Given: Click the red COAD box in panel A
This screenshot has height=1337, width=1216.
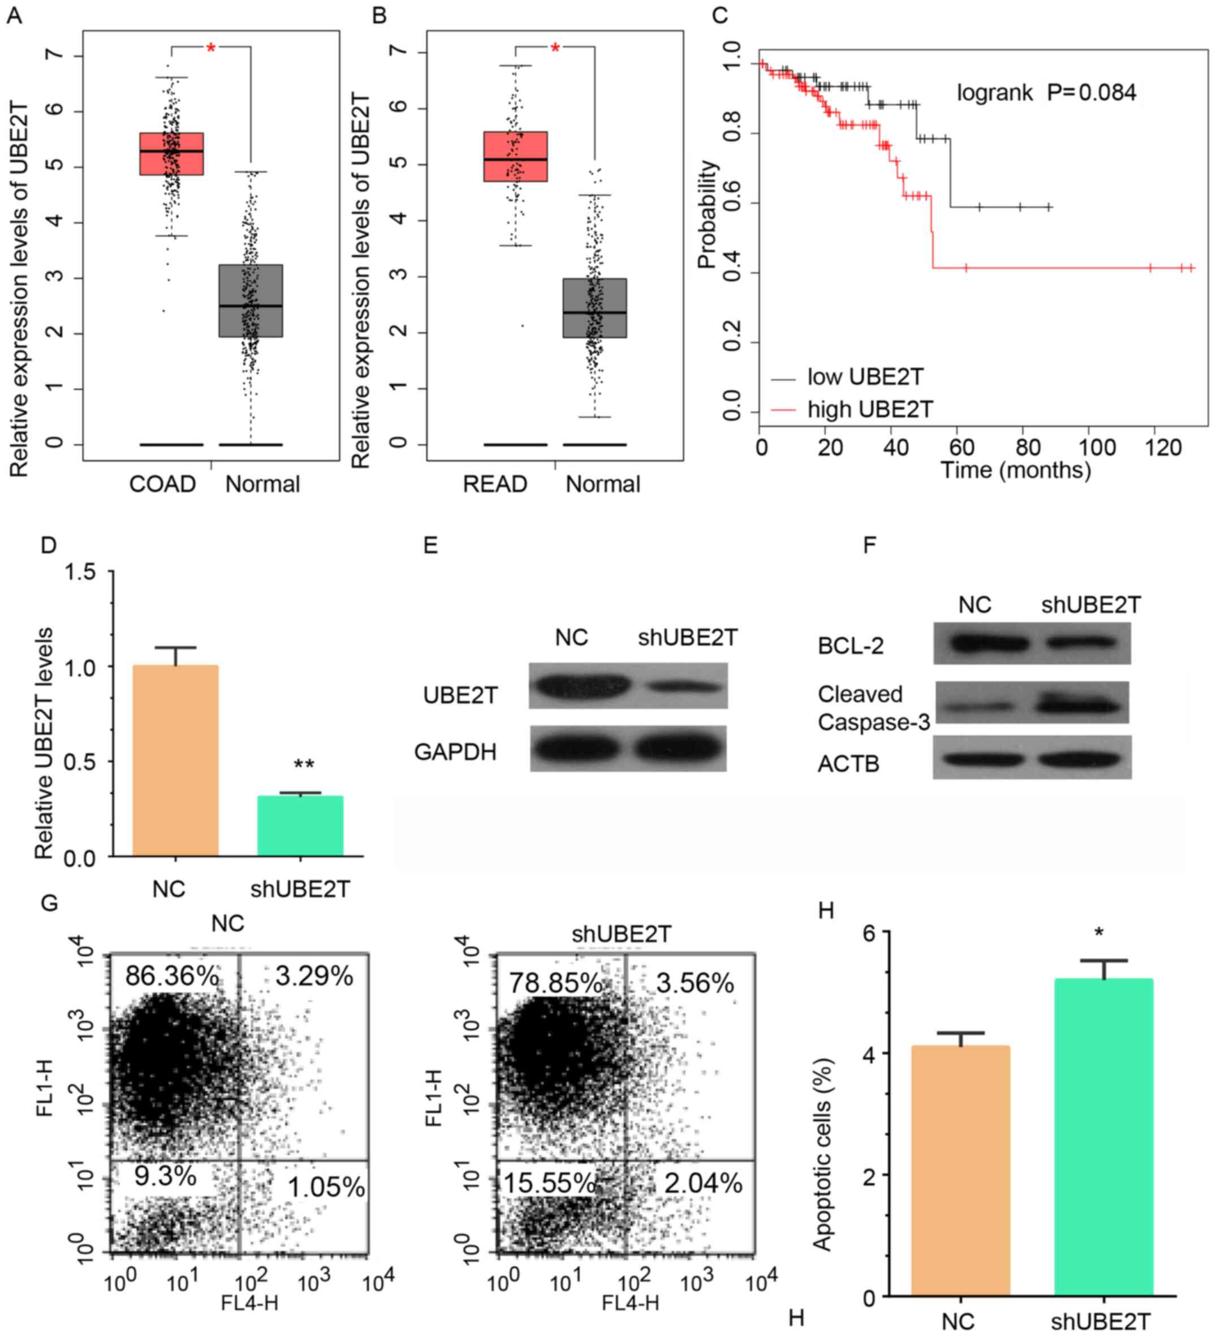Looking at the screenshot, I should point(171,154).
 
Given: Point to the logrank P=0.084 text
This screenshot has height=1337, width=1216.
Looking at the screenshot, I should point(1046,93).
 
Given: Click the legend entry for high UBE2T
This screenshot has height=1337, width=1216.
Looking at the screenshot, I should point(869,409).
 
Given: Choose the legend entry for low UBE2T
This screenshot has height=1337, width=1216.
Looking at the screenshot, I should point(864,377).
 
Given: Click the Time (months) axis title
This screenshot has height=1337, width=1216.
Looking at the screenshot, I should point(1015,470).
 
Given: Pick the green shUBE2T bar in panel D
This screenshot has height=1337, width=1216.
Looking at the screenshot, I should point(300,826).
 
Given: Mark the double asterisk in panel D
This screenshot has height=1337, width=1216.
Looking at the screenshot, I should point(304,764).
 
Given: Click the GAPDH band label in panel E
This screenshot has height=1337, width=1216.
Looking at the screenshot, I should point(455,752).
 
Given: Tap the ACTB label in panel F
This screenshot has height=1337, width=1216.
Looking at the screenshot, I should point(848,764).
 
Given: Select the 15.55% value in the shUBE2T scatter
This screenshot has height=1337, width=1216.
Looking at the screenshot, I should point(550,1183).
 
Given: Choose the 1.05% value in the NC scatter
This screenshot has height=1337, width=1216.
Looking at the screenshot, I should point(326,1187).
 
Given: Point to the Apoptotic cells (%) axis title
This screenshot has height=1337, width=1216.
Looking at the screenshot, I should point(822,1154).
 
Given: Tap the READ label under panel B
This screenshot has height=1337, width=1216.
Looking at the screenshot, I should point(495,484).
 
